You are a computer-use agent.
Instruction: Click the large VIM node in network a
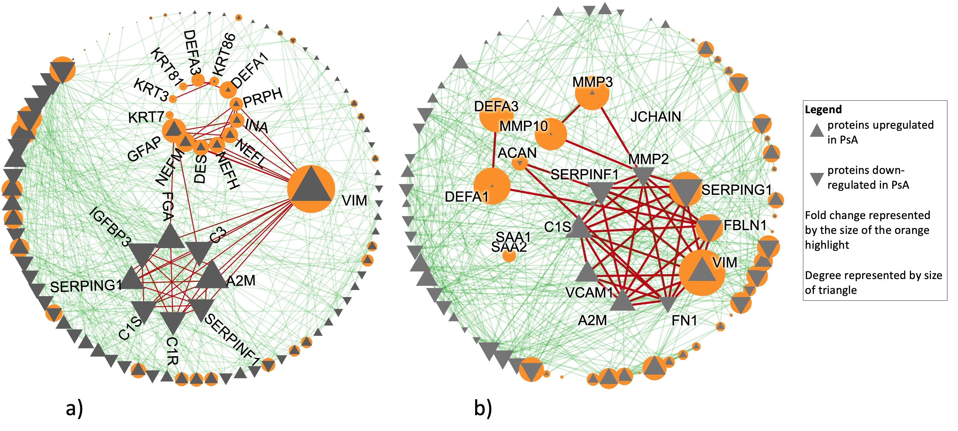pyautogui.click(x=311, y=189)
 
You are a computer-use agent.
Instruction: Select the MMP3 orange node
pyautogui.click(x=592, y=93)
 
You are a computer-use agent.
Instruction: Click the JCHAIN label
pyautogui.click(x=655, y=117)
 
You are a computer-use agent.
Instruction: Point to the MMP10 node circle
pyautogui.click(x=551, y=134)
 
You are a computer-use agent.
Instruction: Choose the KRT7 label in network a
pyautogui.click(x=146, y=117)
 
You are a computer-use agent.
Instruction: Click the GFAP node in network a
pyautogui.click(x=174, y=130)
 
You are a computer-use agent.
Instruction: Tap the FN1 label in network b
pyautogui.click(x=684, y=320)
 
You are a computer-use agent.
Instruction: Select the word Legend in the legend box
pyautogui.click(x=823, y=109)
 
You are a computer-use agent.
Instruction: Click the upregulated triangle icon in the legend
pyautogui.click(x=817, y=131)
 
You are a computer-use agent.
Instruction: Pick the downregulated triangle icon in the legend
pyautogui.click(x=817, y=179)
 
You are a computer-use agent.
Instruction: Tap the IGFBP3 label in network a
pyautogui.click(x=110, y=226)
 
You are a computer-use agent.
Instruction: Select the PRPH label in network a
pyautogui.click(x=263, y=97)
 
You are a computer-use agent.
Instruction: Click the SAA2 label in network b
pyautogui.click(x=509, y=247)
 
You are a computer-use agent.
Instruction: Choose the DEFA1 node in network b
pyautogui.click(x=492, y=186)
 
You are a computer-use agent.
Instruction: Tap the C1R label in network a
pyautogui.click(x=172, y=351)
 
